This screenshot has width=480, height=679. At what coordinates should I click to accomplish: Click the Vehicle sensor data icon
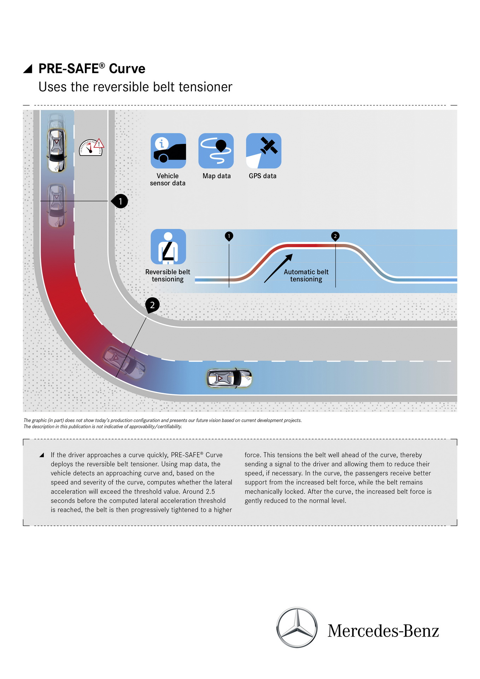168,151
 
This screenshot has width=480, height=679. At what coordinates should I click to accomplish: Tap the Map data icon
216,151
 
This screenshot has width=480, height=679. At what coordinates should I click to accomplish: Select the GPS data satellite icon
264,151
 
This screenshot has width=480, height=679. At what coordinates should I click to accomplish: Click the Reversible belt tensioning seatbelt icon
168,246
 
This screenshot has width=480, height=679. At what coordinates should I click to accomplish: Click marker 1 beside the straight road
120,201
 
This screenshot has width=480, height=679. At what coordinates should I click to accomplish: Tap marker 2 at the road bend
152,305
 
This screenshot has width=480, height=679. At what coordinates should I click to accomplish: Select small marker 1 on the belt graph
229,236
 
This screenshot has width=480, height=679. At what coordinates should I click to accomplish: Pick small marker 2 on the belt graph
335,236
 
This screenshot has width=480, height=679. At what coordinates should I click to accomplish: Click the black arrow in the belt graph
279,268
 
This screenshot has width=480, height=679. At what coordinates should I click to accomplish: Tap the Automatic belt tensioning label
306,275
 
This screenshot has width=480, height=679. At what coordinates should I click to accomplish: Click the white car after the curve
229,378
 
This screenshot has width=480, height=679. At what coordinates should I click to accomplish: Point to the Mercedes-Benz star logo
297,627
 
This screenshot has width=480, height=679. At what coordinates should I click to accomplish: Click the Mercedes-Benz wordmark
383,631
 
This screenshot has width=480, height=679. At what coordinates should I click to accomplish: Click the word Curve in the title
127,69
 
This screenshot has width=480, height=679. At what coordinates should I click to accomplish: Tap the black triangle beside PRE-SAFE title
28,69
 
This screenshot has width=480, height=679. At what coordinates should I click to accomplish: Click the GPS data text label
263,176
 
